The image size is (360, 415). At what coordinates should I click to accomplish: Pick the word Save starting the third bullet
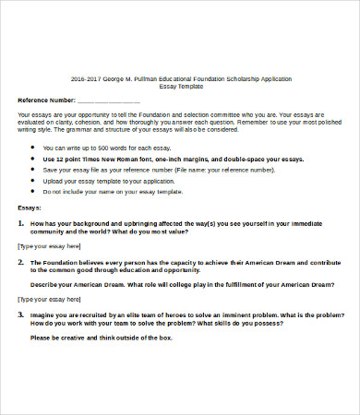(x=51, y=170)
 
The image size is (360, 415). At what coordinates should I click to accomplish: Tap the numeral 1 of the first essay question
(x=20, y=223)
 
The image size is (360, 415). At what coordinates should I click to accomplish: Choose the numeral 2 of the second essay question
(x=20, y=262)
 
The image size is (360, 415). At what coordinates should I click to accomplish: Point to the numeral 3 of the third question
(x=20, y=315)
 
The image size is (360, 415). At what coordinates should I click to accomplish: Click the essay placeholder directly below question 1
(x=49, y=247)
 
